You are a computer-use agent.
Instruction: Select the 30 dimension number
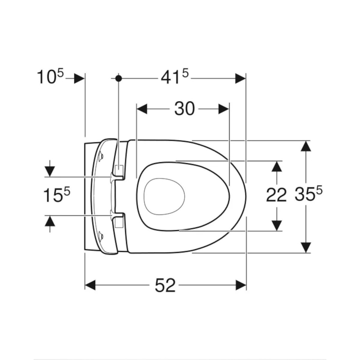pos(184,109)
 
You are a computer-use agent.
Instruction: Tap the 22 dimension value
pos(276,195)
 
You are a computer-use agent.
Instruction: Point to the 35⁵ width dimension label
pos(309,194)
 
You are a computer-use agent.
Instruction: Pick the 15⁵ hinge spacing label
pos(57,195)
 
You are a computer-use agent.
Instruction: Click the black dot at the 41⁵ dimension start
pos(118,79)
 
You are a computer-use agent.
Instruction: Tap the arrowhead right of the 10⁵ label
pos(79,79)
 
